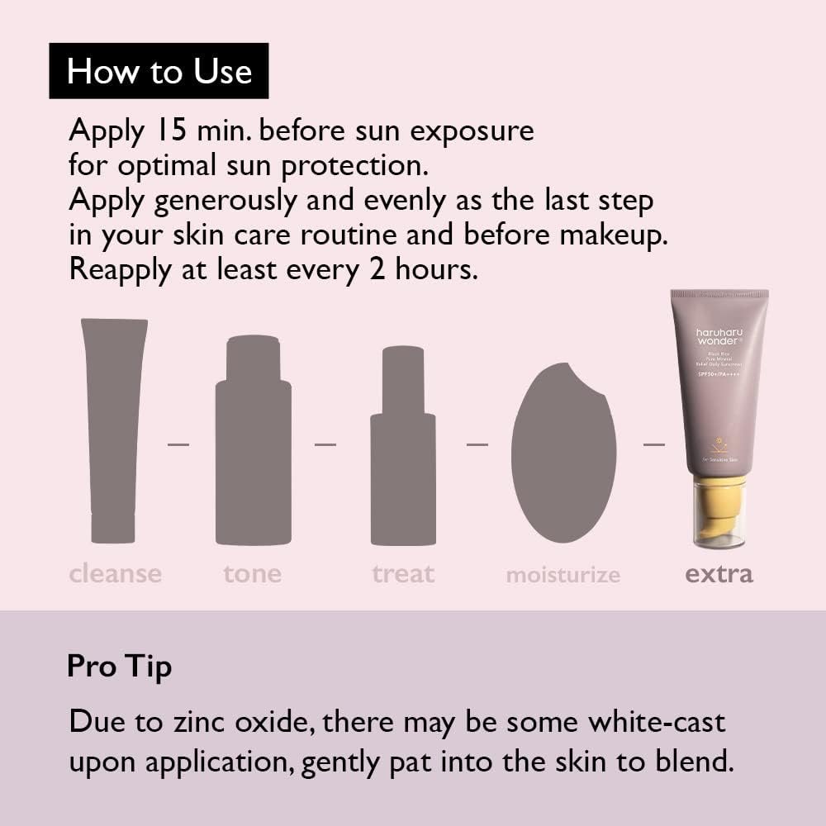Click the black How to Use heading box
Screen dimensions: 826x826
tap(159, 71)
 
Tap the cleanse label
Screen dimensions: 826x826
tap(116, 573)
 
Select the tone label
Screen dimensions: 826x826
tap(252, 573)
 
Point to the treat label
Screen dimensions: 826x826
tap(403, 573)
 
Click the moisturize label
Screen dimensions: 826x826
tap(563, 575)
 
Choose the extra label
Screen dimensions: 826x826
tap(719, 573)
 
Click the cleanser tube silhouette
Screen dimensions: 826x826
tap(113, 430)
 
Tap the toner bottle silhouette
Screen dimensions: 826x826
tap(253, 442)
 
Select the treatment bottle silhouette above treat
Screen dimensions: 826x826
tap(403, 446)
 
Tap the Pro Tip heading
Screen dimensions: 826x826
tap(119, 666)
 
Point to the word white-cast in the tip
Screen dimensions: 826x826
tap(657, 722)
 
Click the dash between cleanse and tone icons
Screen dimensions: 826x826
tap(178, 444)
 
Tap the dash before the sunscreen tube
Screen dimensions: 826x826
tap(654, 444)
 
